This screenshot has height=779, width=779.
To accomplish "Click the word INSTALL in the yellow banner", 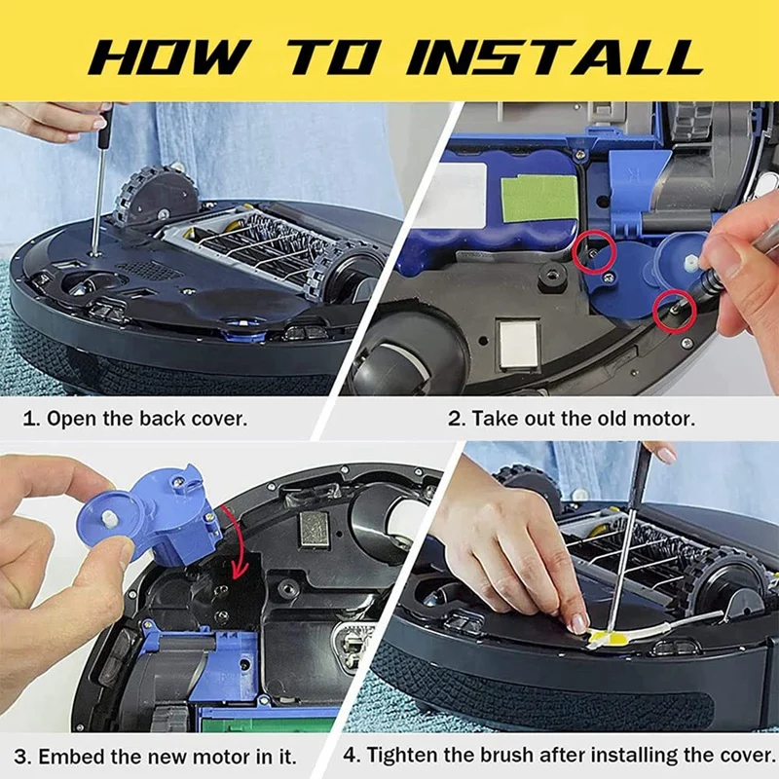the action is point(555,56).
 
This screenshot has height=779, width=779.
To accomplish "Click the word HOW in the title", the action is point(168,56).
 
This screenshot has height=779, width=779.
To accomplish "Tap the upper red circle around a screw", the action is point(594,252).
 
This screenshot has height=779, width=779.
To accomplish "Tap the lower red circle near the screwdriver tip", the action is point(675,311).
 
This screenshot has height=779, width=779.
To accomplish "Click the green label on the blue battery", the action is point(539,199).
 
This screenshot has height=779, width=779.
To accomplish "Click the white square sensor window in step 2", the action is point(519,343).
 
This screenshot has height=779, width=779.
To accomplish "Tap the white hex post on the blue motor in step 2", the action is point(691,263).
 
